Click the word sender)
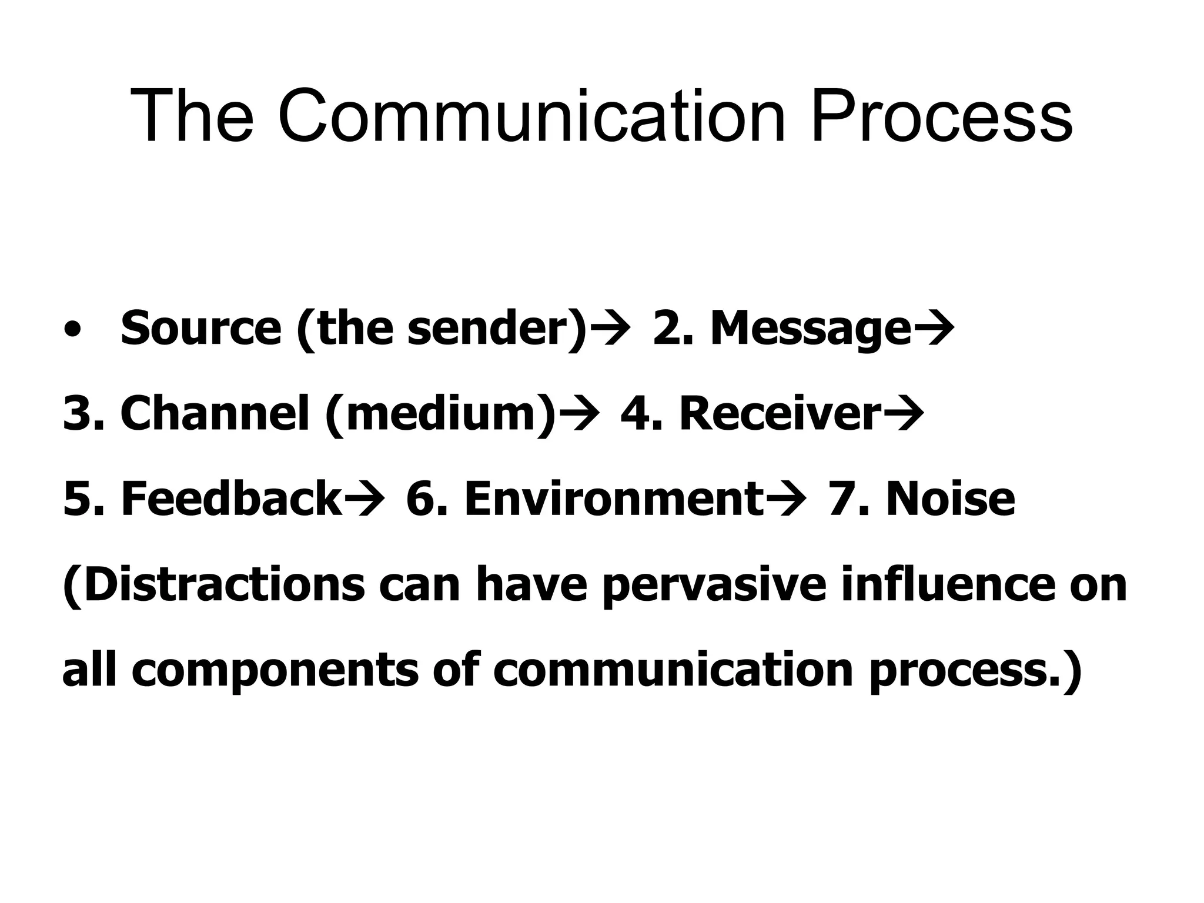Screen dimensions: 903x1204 pyautogui.click(x=497, y=329)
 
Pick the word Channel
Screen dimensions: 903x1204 pyautogui.click(x=215, y=414)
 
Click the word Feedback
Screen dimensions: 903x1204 pyautogui.click(x=231, y=499)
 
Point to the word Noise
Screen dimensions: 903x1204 pyautogui.click(x=951, y=499)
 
